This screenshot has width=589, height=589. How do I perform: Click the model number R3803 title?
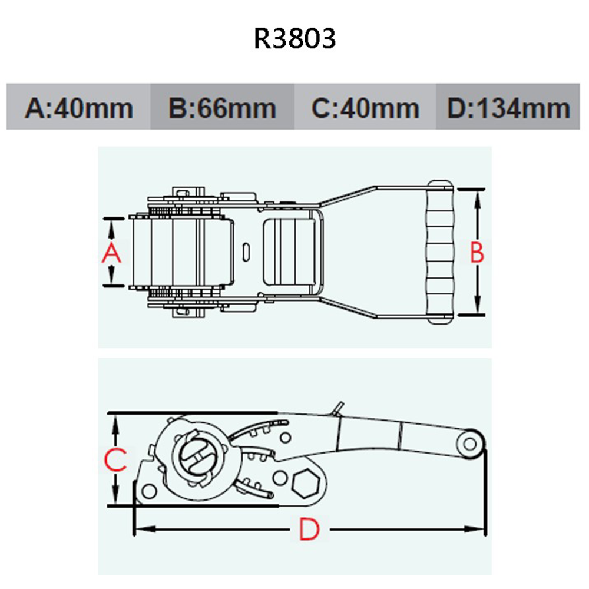pyautogui.click(x=294, y=38)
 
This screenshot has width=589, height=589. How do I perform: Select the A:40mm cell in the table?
pyautogui.click(x=78, y=107)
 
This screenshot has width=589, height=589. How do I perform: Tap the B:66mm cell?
pyautogui.click(x=223, y=107)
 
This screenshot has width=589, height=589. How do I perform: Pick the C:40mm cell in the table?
pyautogui.click(x=365, y=107)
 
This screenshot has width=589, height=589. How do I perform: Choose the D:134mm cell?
pyautogui.click(x=508, y=107)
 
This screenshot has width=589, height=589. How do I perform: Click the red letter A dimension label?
pyautogui.click(x=111, y=253)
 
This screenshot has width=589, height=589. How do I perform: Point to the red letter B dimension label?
pyautogui.click(x=477, y=252)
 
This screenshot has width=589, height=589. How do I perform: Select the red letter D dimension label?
pyautogui.click(x=310, y=529)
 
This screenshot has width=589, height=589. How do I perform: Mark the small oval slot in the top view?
pyautogui.click(x=246, y=252)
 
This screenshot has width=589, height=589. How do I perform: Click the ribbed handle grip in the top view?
pyautogui.click(x=440, y=252)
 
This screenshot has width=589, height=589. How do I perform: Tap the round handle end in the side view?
pyautogui.click(x=469, y=444)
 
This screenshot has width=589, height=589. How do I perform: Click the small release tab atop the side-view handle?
pyautogui.click(x=337, y=408)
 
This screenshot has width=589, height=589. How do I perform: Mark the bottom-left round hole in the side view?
pyautogui.click(x=149, y=491)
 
